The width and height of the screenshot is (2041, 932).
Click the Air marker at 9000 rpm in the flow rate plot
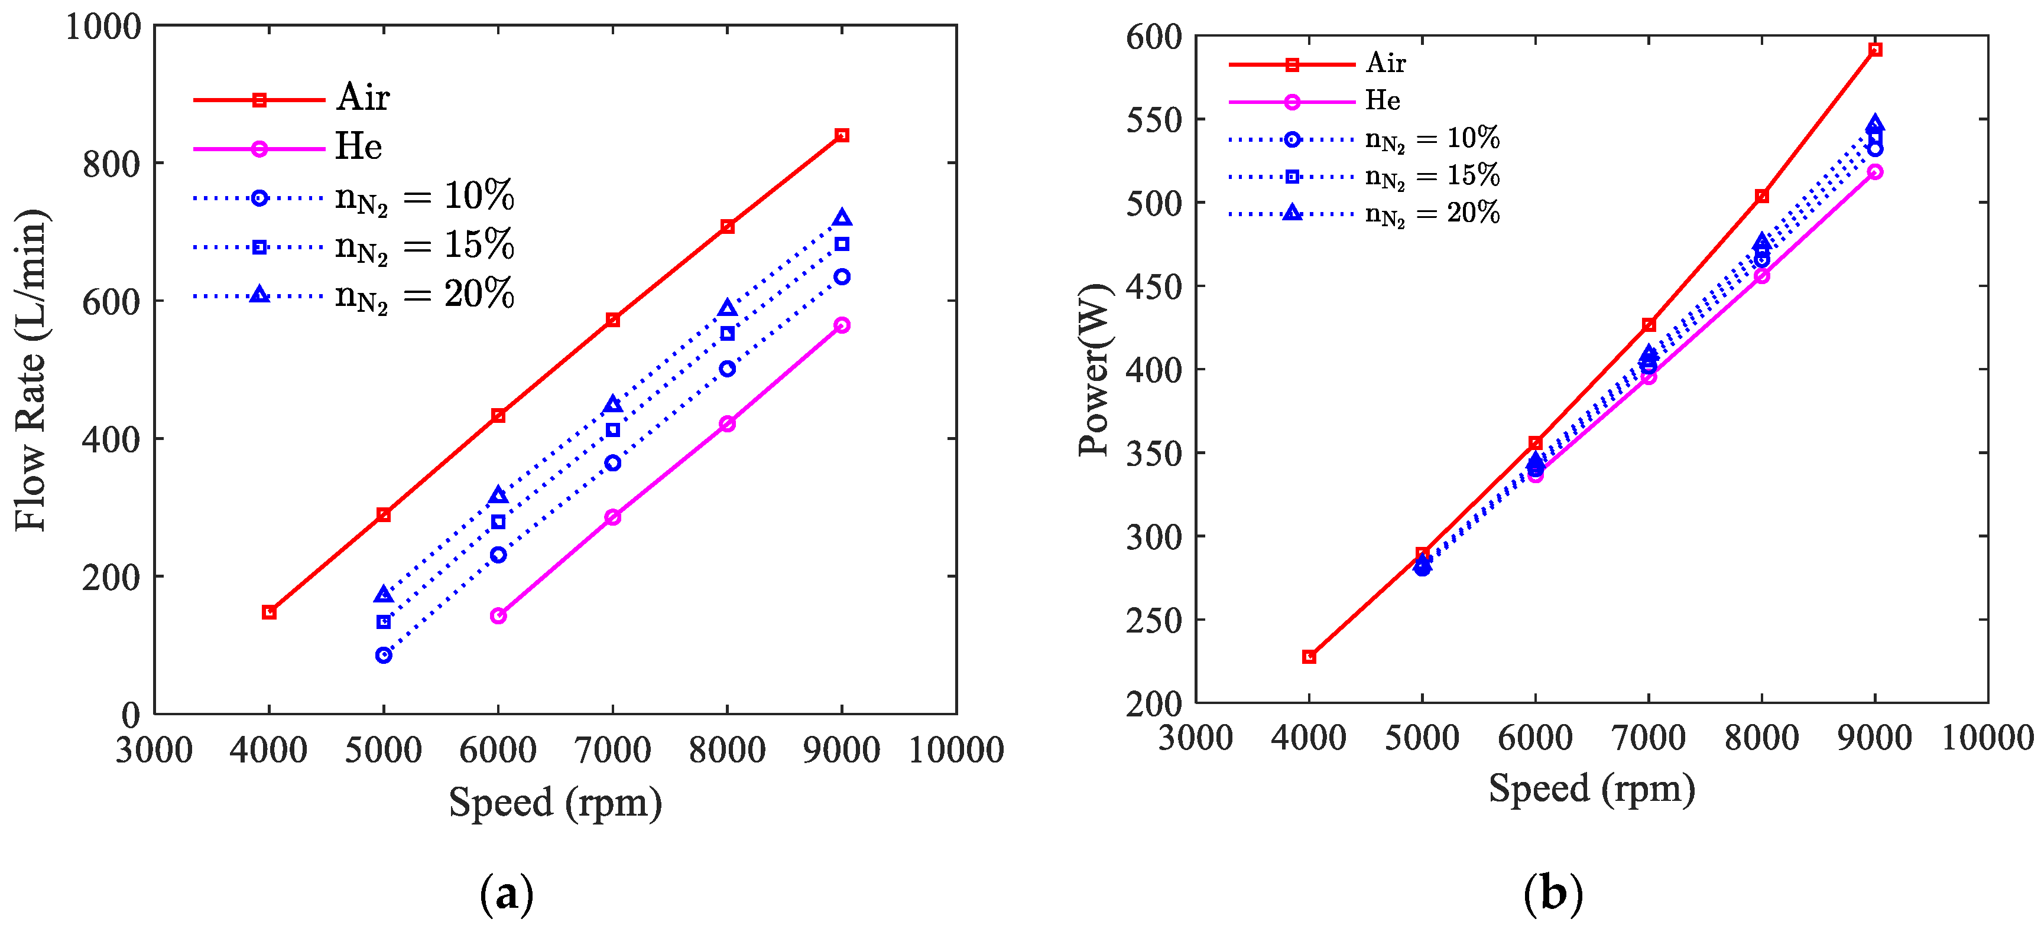tap(842, 135)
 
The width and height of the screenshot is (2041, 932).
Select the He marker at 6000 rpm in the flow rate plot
tap(498, 615)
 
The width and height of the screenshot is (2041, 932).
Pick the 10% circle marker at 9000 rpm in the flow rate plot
tap(842, 276)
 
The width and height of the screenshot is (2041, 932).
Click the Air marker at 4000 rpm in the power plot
tap(1309, 656)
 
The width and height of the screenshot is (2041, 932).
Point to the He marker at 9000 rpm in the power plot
tap(1875, 172)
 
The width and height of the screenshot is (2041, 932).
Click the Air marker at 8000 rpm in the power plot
tap(1761, 195)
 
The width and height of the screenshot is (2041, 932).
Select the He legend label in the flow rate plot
tap(358, 147)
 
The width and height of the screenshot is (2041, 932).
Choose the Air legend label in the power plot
tap(1385, 63)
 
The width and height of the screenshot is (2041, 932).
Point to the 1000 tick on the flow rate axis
tap(103, 26)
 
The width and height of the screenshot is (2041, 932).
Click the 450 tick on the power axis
tap(1153, 286)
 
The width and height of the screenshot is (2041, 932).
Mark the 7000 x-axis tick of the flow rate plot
tap(612, 749)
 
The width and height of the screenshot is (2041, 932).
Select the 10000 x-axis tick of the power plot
tap(1987, 737)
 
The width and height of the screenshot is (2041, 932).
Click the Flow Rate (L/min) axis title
tap(32, 370)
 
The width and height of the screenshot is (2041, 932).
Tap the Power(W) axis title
tap(1095, 370)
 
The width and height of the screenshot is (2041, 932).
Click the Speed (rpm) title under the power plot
tap(1591, 788)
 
